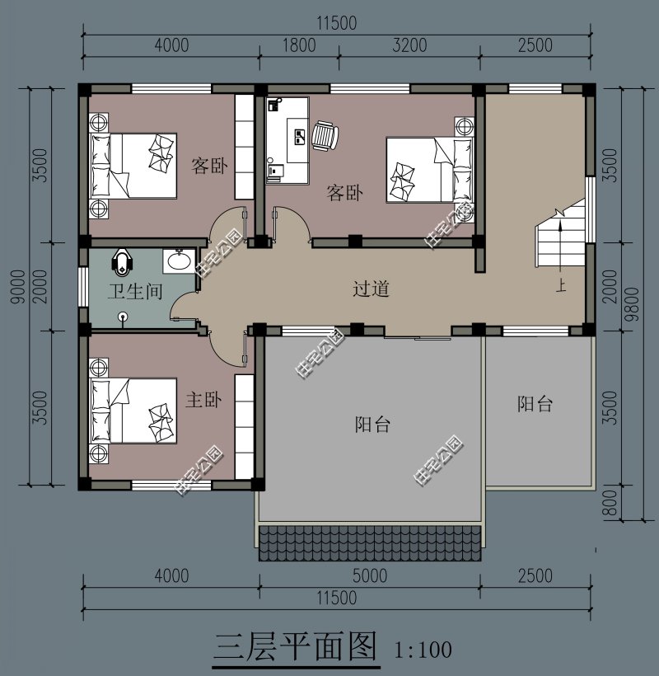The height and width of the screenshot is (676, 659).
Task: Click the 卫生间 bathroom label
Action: (135, 291)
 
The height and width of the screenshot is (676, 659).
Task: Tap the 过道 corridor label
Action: (371, 289)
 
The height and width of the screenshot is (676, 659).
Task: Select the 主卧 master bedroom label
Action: (203, 401)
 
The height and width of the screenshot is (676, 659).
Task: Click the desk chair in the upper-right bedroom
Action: (325, 136)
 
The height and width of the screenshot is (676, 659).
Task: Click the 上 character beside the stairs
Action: (561, 287)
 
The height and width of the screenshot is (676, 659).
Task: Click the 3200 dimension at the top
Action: (409, 45)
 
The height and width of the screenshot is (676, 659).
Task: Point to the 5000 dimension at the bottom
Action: (369, 575)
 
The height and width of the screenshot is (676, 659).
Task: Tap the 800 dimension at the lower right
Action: (610, 505)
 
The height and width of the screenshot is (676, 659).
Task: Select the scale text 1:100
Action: (423, 650)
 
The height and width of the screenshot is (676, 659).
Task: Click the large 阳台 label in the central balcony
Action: (372, 425)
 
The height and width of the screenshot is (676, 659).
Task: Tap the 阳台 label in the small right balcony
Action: (535, 404)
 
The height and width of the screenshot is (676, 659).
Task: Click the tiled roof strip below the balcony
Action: (369, 542)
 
